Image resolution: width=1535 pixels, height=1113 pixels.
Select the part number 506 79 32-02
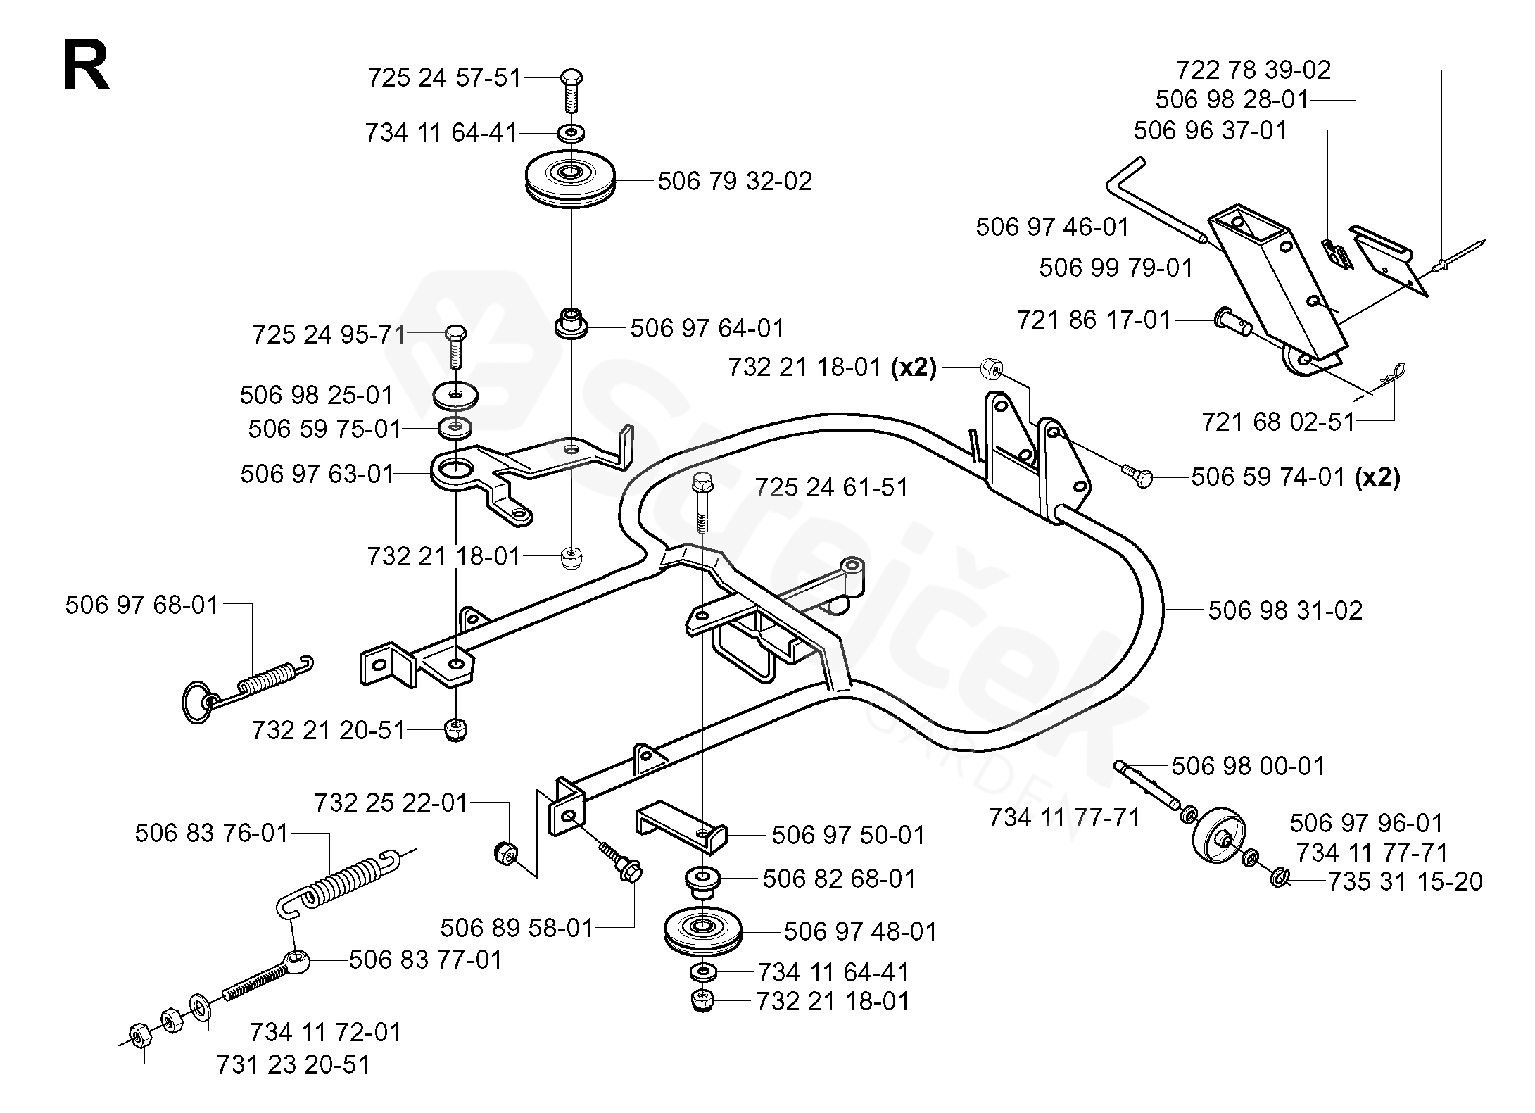click(734, 182)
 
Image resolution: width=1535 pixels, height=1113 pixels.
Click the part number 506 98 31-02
click(1285, 610)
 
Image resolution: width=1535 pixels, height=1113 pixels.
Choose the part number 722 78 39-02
click(1253, 70)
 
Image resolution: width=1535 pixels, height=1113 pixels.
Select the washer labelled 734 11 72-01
click(198, 1007)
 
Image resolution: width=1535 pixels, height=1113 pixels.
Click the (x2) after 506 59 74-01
click(1377, 478)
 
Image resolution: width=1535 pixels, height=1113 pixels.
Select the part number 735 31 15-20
click(1404, 881)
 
